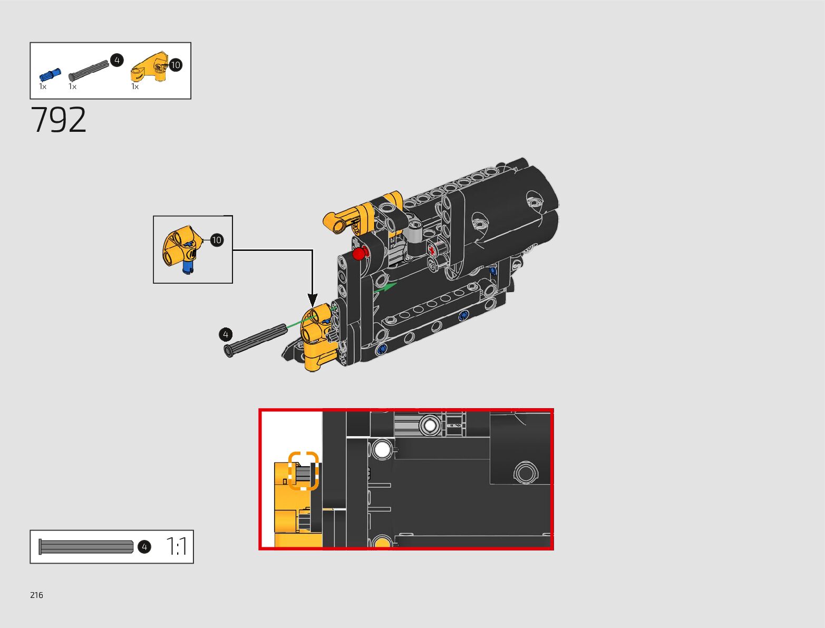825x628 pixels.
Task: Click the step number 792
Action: click(x=59, y=120)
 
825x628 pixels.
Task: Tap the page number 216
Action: click(x=36, y=595)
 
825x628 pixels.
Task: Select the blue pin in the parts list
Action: click(x=50, y=75)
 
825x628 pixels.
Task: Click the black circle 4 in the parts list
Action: click(x=117, y=60)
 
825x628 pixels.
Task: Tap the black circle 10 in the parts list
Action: click(x=175, y=65)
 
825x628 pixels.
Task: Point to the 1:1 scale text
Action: click(x=177, y=547)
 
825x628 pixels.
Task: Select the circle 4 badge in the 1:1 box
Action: click(x=144, y=547)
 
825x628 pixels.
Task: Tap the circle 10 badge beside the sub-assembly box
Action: click(x=217, y=240)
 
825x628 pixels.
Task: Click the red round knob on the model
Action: click(x=359, y=254)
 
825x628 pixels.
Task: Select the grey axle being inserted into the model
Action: click(x=256, y=340)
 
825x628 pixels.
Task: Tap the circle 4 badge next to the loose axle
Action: click(x=226, y=334)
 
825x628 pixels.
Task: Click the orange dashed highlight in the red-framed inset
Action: click(x=303, y=470)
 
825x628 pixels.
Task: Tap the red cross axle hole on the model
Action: click(x=432, y=249)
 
